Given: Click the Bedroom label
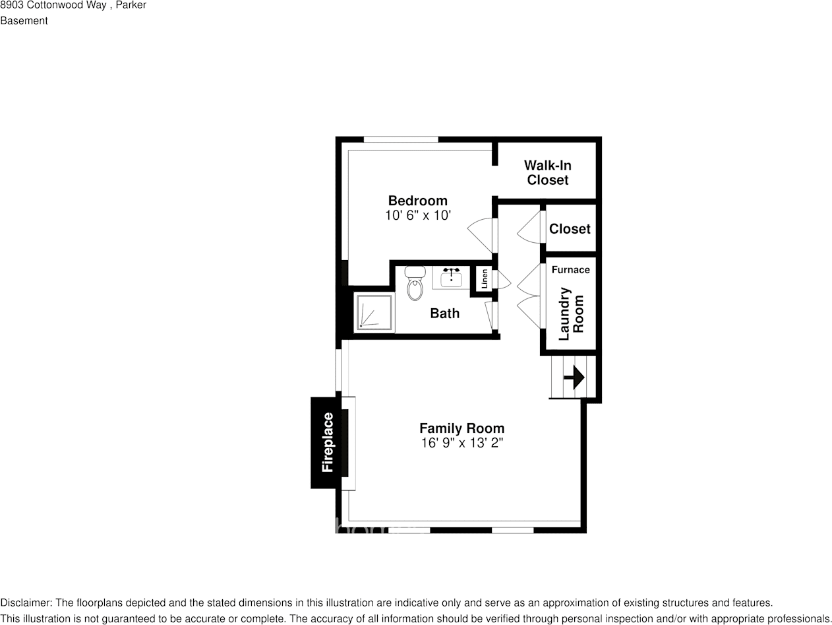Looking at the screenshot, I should [417, 201].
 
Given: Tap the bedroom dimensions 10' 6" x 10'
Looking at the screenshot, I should [417, 215].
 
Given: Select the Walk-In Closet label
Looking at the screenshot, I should [547, 172].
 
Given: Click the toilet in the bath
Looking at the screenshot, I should [415, 284].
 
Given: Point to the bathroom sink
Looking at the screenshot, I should [451, 278].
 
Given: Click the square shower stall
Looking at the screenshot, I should [374, 312].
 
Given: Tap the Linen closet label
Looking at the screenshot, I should [485, 279].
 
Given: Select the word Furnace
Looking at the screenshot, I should [570, 269].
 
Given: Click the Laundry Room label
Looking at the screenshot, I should [571, 313].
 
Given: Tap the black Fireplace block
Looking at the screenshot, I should [327, 442].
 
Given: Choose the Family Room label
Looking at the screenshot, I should [461, 428].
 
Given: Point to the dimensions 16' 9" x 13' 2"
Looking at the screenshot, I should [461, 443].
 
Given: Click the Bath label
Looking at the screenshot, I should [444, 313].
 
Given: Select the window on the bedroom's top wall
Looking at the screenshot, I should [401, 139].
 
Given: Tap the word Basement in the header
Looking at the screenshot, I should [24, 20].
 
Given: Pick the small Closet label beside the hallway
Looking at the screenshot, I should [570, 228].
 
